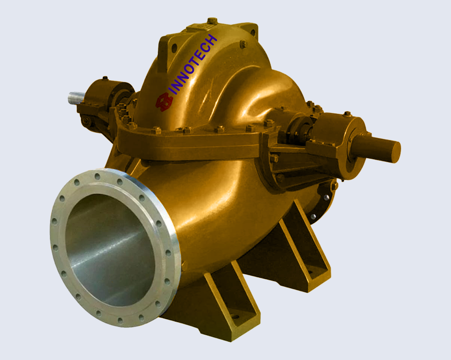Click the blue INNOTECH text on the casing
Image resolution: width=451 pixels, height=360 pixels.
193,64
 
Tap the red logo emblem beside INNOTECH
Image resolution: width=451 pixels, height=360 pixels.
164,102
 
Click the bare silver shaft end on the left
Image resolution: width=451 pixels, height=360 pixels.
76,98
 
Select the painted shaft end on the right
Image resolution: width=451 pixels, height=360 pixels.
379,148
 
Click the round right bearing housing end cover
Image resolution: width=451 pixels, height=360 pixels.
353,148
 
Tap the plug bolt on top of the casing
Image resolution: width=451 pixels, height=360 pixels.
212,21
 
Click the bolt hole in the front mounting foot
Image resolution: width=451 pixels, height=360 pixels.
236,317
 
